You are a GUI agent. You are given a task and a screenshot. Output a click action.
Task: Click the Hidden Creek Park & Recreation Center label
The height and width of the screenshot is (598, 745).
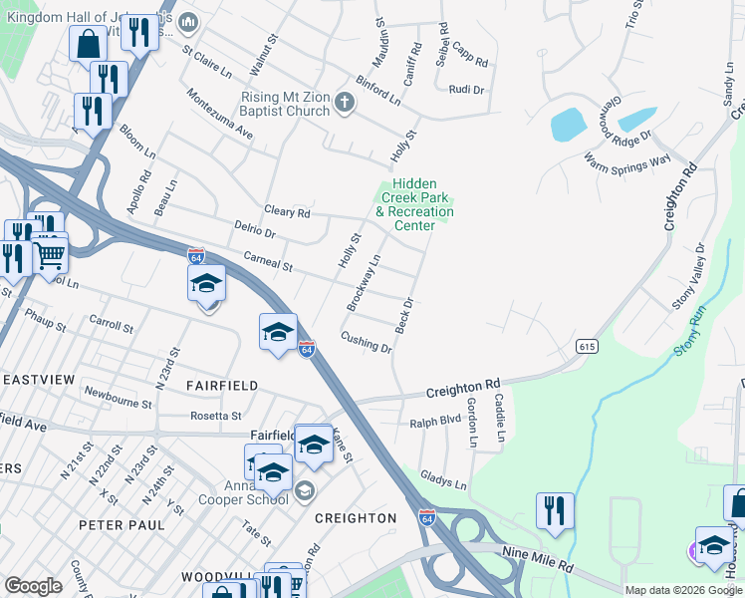click(414, 204)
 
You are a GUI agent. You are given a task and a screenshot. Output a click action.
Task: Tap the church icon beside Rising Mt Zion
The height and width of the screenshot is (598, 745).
click(345, 102)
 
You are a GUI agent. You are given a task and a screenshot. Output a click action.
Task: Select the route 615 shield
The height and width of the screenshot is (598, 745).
click(585, 345)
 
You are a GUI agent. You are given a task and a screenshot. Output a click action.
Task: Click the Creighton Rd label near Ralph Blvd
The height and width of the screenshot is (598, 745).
click(463, 387)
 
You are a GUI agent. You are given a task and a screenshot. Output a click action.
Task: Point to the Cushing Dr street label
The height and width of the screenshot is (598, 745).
click(367, 343)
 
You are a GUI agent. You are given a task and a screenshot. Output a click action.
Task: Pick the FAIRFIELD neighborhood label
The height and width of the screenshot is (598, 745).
click(222, 385)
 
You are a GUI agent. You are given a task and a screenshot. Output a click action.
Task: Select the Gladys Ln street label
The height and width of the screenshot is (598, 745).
click(443, 480)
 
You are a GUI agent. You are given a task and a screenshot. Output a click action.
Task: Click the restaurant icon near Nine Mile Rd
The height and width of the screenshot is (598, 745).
click(555, 510)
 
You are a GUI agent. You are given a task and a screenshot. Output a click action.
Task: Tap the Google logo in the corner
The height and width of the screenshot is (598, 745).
click(34, 586)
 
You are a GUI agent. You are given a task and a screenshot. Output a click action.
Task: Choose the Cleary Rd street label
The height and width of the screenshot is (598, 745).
click(288, 212)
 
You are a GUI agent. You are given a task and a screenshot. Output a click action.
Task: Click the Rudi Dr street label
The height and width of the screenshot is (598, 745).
click(466, 90)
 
